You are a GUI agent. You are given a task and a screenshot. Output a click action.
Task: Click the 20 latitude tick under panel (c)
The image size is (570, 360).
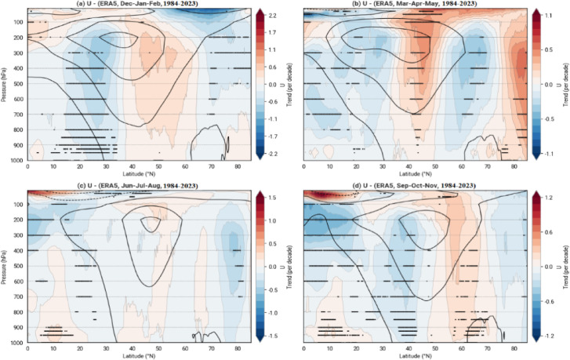coord(71,347)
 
